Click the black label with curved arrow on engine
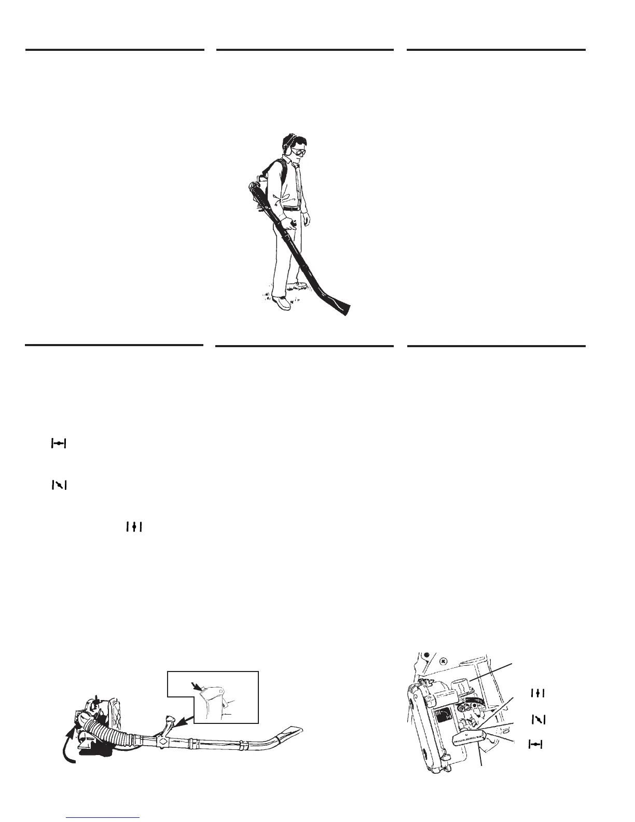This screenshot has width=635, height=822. (x=445, y=717)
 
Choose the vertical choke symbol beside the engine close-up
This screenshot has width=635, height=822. (x=538, y=692)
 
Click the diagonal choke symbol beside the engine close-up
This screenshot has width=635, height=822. (x=539, y=719)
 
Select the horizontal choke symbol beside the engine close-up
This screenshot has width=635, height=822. (x=535, y=744)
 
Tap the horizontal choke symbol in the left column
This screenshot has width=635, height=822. (x=59, y=444)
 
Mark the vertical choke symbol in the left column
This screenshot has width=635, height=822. (x=133, y=527)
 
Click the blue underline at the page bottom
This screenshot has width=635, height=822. (x=103, y=817)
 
